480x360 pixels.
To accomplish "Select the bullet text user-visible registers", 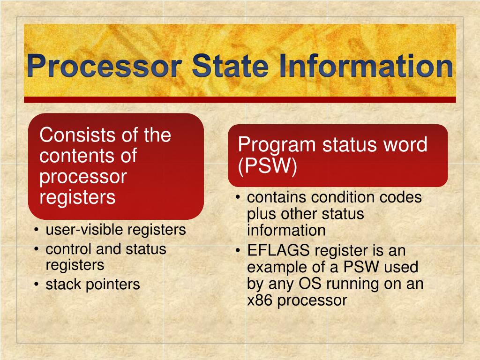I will tap(115, 230).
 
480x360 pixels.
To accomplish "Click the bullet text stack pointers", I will tap(92, 284).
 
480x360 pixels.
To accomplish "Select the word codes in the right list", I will tap(401, 197).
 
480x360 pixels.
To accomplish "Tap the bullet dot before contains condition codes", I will tap(239, 198).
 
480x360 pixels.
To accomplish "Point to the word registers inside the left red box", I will tap(77, 197).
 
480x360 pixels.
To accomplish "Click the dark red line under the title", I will tap(240, 99).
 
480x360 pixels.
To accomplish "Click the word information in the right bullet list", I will tap(286, 230).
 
